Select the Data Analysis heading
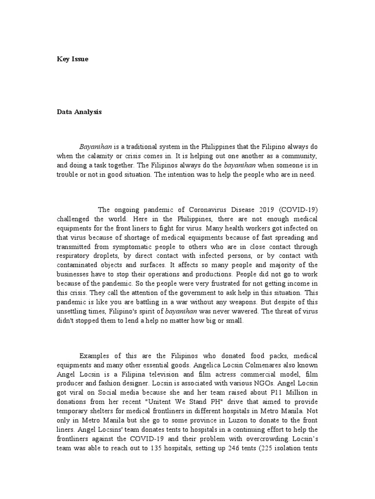point(79,112)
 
